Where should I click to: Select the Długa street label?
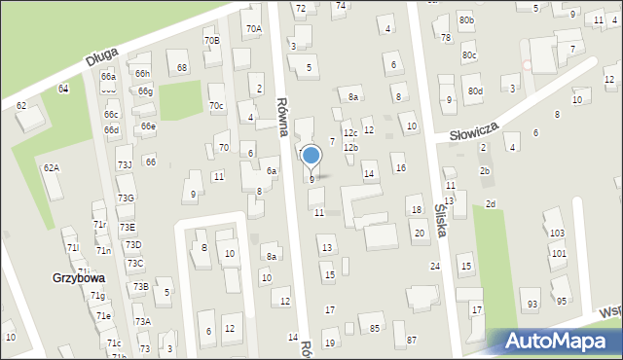click(101, 58)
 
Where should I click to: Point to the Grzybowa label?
click(79, 277)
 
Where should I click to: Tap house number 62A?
click(51, 167)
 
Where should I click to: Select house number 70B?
click(211, 40)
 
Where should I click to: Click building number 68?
click(182, 67)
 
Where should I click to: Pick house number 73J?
click(125, 164)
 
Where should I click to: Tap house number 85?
click(375, 328)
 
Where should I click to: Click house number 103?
click(557, 234)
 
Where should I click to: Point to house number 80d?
click(474, 90)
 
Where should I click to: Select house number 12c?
click(350, 132)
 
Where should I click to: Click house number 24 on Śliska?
click(435, 266)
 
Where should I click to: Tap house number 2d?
click(491, 202)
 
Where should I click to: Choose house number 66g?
click(145, 90)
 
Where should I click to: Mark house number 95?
click(561, 301)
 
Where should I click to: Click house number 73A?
click(142, 321)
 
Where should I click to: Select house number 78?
click(446, 37)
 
